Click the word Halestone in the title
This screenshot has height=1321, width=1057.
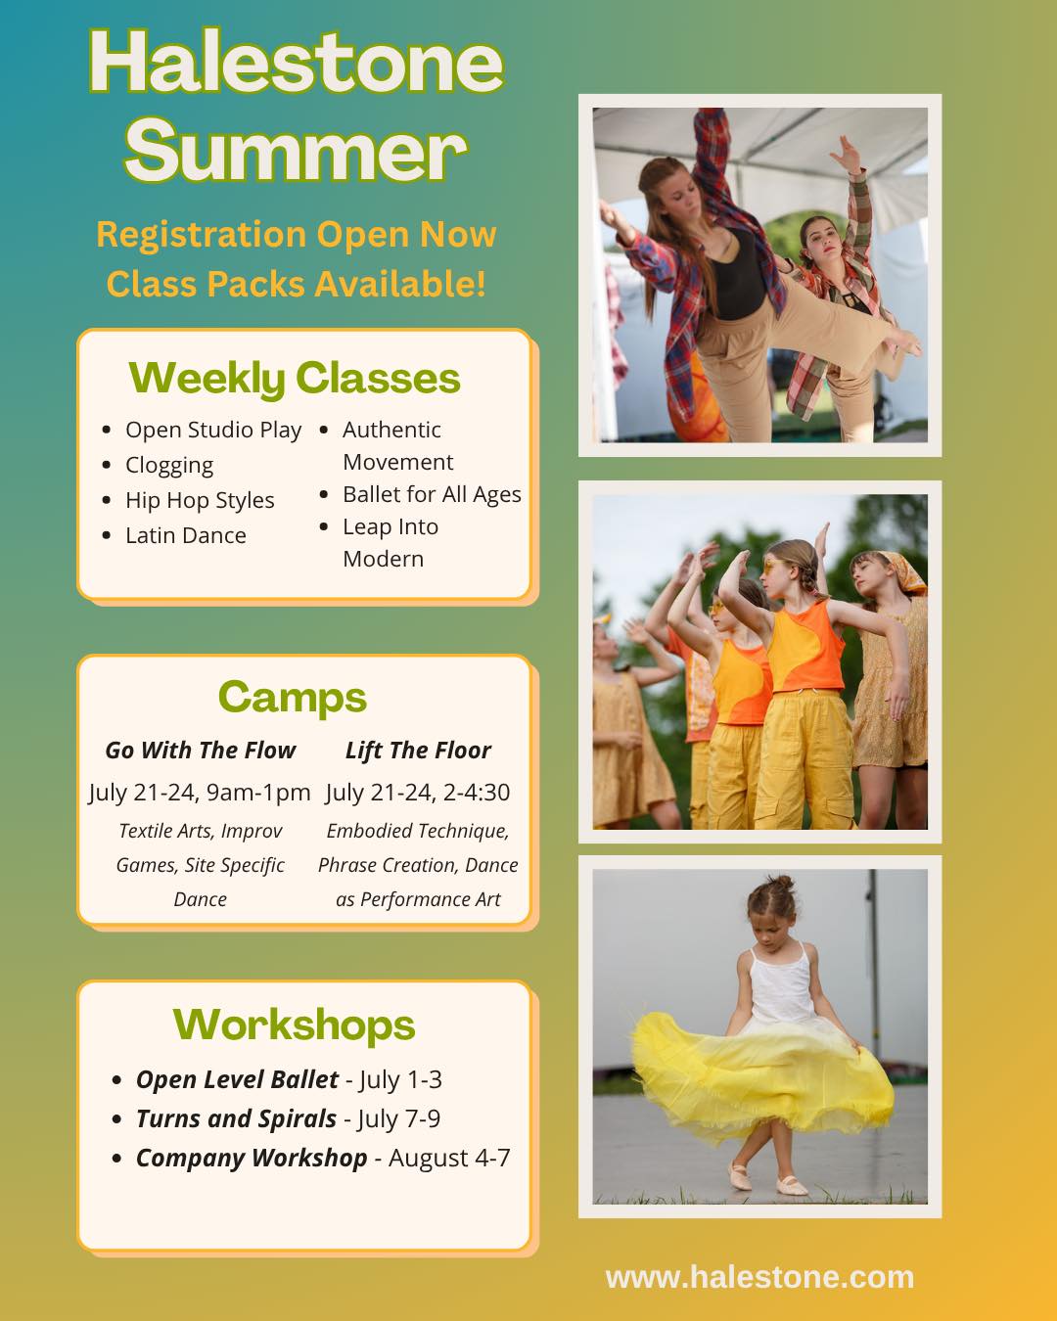click(x=296, y=64)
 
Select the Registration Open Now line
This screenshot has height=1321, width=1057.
click(x=296, y=235)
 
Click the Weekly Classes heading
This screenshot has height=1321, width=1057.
click(x=295, y=378)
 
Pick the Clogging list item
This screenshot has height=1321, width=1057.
click(x=169, y=465)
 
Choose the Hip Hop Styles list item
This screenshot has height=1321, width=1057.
click(x=200, y=500)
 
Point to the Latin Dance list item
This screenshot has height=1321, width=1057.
click(x=186, y=535)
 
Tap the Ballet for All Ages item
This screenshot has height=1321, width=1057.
click(x=432, y=494)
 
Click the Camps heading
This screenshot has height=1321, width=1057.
click(x=293, y=697)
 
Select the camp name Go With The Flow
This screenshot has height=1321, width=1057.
click(x=200, y=751)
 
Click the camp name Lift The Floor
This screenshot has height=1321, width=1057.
click(x=418, y=751)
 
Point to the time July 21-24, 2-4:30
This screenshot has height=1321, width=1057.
click(x=418, y=793)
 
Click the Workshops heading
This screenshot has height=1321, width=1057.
click(x=295, y=1025)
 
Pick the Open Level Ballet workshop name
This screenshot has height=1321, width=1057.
click(x=237, y=1079)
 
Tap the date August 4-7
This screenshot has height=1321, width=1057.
click(x=449, y=1158)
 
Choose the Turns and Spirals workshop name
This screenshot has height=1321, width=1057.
click(x=236, y=1118)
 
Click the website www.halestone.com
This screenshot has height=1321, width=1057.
click(x=759, y=1277)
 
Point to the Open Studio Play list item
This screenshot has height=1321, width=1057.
click(x=213, y=430)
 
